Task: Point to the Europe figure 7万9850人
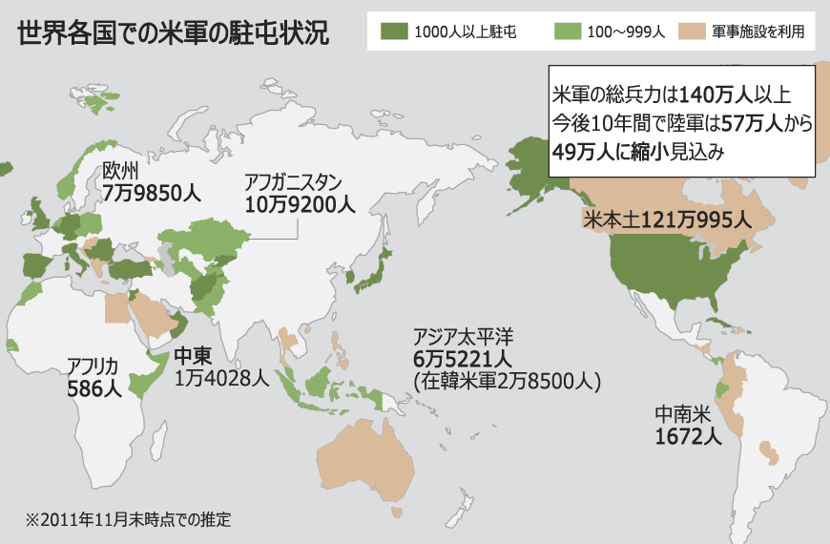[152, 193]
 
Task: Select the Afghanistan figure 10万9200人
[300, 203]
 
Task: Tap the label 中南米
[683, 415]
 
